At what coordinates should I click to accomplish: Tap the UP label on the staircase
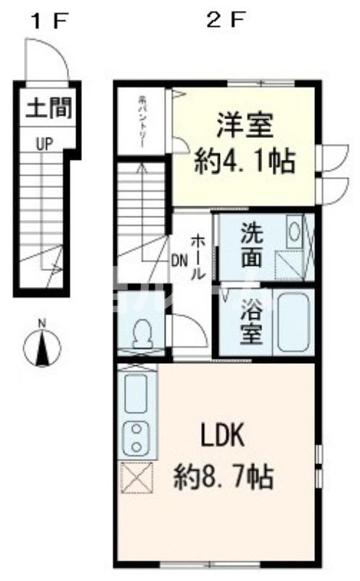(45, 145)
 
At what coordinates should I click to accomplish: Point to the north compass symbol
(42, 347)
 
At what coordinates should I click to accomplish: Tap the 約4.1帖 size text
(245, 161)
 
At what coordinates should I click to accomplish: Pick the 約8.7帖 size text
(223, 477)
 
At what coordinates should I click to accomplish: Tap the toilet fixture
(142, 336)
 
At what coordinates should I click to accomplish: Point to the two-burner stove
(136, 436)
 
